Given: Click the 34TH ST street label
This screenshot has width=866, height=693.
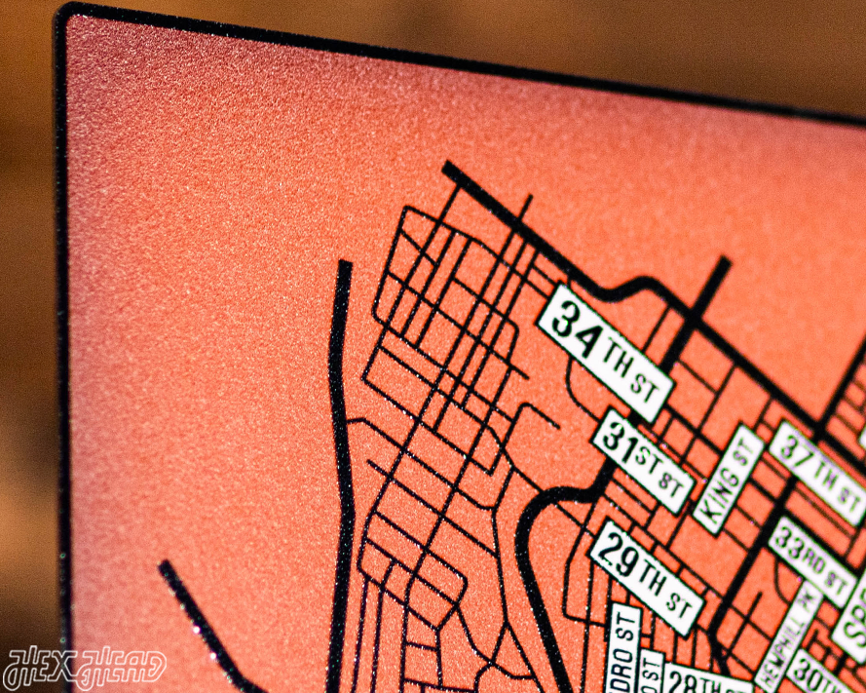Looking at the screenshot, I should point(605,352).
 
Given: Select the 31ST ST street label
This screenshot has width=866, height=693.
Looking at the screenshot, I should point(643,461).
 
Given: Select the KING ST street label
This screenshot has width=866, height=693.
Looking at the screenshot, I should point(729,478).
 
